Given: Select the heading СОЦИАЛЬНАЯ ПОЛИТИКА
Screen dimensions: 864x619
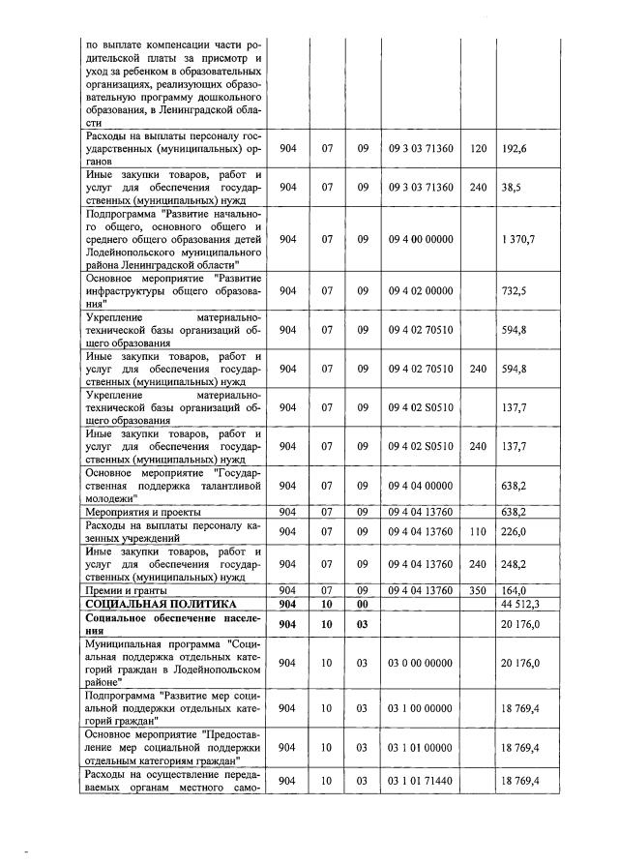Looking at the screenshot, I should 142,605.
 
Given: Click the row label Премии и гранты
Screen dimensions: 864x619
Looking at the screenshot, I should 128,590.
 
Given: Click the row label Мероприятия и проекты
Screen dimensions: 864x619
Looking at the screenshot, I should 143,512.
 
